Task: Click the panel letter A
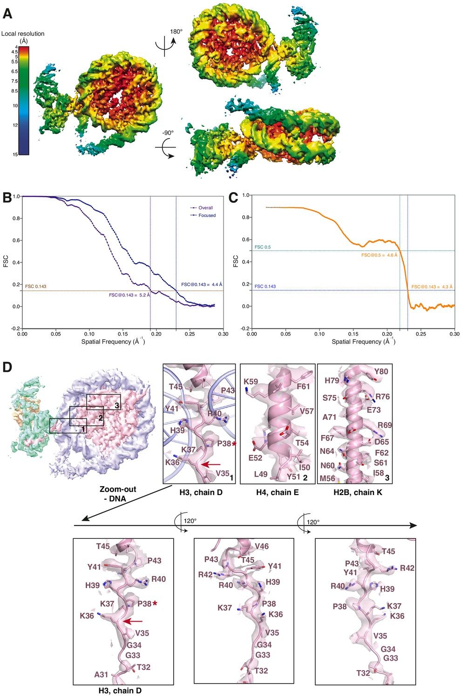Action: (7, 13)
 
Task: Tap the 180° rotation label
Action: (176, 32)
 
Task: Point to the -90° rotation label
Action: (168, 133)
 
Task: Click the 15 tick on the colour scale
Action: (15, 154)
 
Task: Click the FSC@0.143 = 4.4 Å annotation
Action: (202, 284)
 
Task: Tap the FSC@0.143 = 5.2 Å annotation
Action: (129, 295)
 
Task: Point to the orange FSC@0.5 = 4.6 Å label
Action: (380, 255)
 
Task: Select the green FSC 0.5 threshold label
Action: (263, 247)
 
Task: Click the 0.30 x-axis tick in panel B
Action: (223, 334)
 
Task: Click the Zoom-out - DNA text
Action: (118, 494)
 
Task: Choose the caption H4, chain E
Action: (278, 492)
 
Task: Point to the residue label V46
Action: (262, 546)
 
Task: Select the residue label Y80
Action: (381, 371)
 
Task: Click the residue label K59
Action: (251, 382)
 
